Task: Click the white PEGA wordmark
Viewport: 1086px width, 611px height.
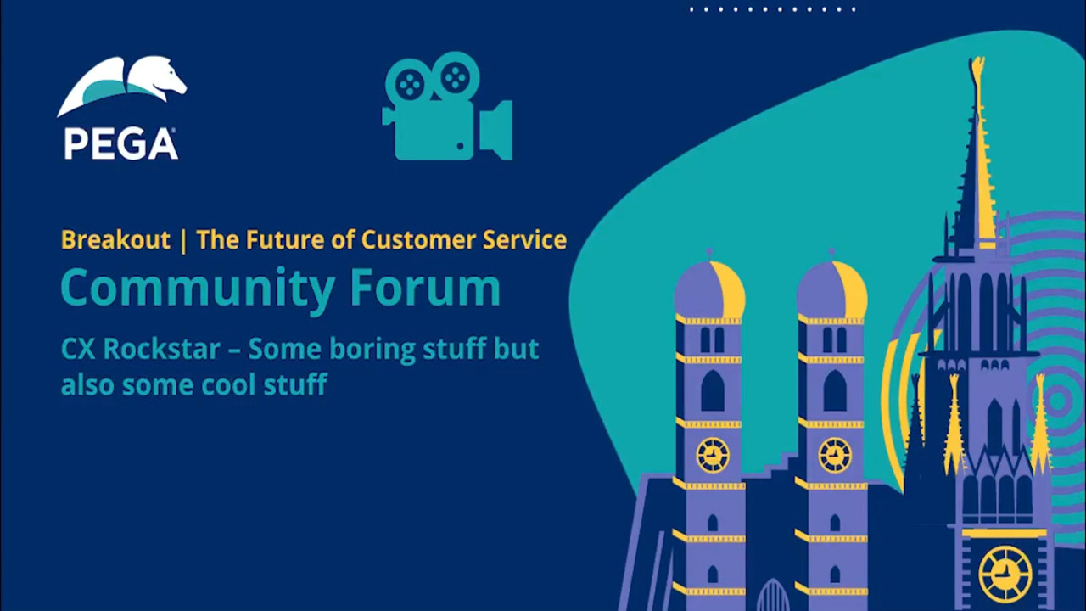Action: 120,143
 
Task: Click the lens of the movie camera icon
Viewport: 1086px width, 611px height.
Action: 496,130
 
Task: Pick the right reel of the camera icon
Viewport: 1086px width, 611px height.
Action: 456,77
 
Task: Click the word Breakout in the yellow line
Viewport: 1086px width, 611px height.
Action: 116,239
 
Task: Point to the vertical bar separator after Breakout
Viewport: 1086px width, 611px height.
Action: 183,240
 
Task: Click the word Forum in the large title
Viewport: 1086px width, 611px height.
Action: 425,287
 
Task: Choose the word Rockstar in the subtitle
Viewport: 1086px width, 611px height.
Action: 162,349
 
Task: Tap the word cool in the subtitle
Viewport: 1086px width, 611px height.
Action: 228,385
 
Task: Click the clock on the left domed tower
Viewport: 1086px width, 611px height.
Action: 713,456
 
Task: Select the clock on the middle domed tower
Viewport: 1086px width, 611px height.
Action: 835,456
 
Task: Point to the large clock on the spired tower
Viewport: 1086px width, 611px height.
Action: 1005,574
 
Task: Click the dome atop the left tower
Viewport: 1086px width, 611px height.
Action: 709,289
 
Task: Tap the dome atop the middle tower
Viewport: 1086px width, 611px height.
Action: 832,289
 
